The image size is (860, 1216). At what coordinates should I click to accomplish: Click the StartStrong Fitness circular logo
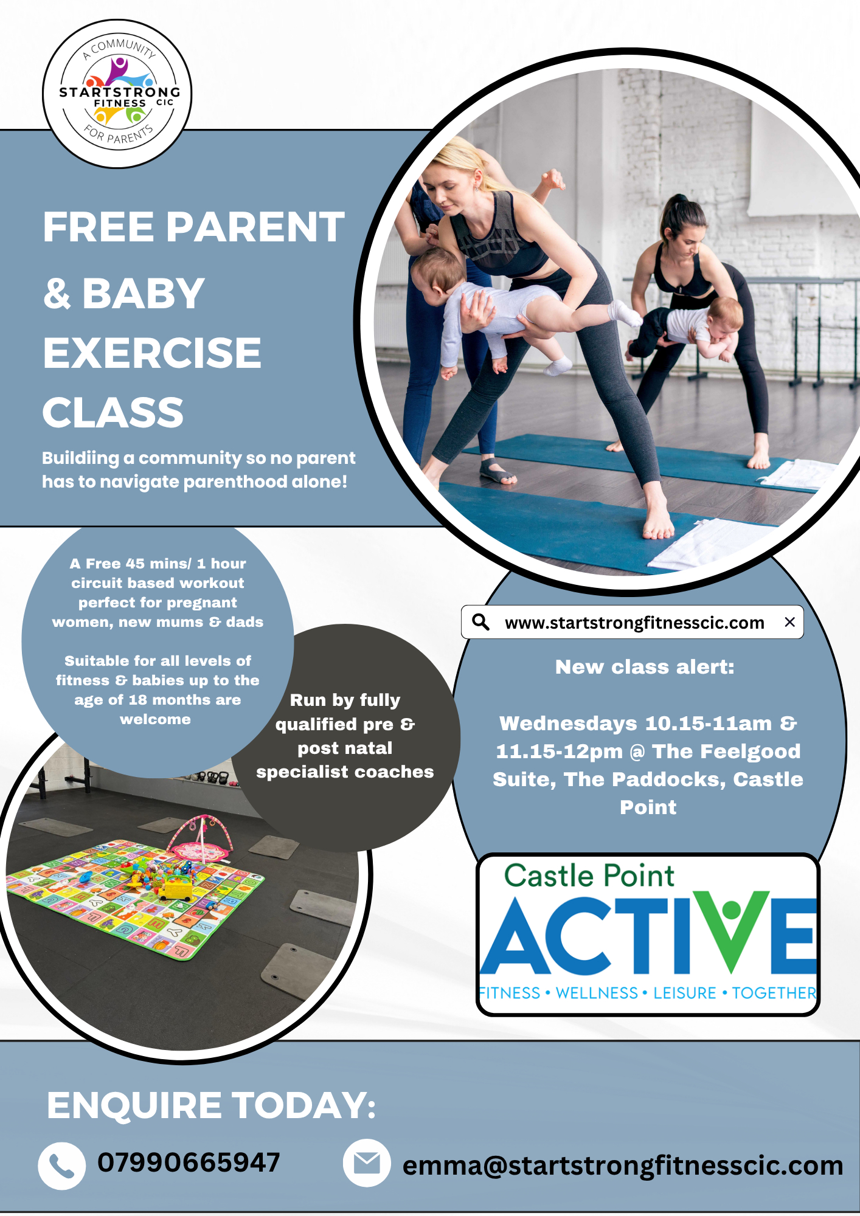pyautogui.click(x=117, y=94)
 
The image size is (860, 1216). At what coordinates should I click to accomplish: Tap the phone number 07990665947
pyautogui.click(x=189, y=1162)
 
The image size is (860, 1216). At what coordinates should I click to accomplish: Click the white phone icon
pyautogui.click(x=61, y=1166)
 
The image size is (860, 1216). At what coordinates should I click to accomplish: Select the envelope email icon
pyautogui.click(x=367, y=1163)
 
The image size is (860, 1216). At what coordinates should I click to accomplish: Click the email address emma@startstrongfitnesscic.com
pyautogui.click(x=623, y=1166)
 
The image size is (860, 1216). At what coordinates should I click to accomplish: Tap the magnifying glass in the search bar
pyautogui.click(x=481, y=622)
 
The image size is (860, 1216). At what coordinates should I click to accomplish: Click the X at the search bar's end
pyautogui.click(x=790, y=622)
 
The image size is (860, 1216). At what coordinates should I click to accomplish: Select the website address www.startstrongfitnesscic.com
pyautogui.click(x=634, y=623)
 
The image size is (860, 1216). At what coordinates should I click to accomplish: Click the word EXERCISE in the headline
pyautogui.click(x=152, y=353)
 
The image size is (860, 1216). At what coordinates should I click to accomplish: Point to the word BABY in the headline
pyautogui.click(x=144, y=293)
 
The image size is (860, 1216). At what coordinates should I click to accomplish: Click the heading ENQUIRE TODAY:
pyautogui.click(x=211, y=1105)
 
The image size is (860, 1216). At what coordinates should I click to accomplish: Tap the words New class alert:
pyautogui.click(x=645, y=667)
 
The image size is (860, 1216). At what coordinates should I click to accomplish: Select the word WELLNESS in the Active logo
pyautogui.click(x=597, y=993)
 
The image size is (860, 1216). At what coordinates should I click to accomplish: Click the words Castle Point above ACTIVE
pyautogui.click(x=589, y=876)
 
